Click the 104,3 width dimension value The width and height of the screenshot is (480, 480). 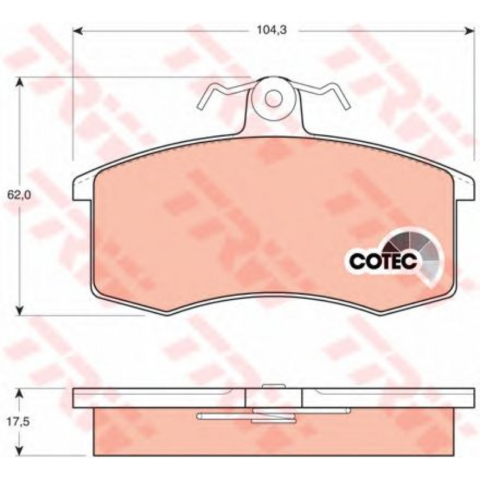(x=271, y=30)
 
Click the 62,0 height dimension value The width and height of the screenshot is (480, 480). (x=19, y=195)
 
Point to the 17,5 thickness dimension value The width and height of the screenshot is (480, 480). (x=18, y=422)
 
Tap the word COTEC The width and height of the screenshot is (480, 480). (x=383, y=261)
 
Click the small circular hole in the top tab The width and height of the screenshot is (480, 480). (x=273, y=98)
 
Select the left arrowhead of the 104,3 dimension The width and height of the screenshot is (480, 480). (x=78, y=30)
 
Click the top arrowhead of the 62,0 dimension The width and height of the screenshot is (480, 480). (x=20, y=82)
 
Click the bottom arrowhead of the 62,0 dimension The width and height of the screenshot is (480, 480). (x=20, y=310)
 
